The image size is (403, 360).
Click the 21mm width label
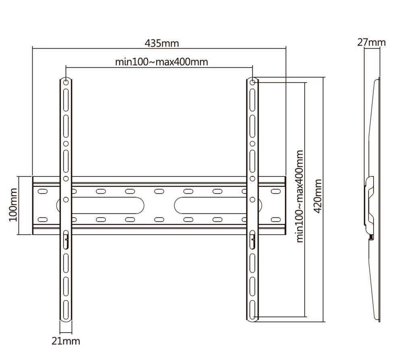pos(66,341)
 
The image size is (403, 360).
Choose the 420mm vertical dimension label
pos(318,197)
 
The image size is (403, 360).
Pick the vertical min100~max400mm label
pos(300,197)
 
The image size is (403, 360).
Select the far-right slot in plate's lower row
pos(276,219)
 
